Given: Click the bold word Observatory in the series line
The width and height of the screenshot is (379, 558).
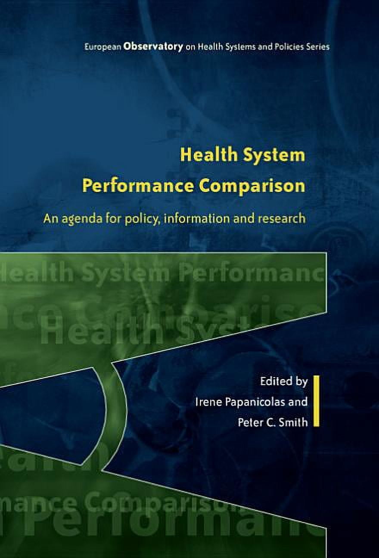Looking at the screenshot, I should [153, 46].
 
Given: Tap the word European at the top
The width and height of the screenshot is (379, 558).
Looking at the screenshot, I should [103, 46].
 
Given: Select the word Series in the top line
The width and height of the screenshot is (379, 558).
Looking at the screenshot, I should [318, 46].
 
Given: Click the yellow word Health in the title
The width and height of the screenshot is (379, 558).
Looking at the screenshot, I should [205, 155].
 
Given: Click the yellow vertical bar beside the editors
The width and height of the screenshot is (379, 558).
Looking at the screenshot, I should [316, 401].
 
